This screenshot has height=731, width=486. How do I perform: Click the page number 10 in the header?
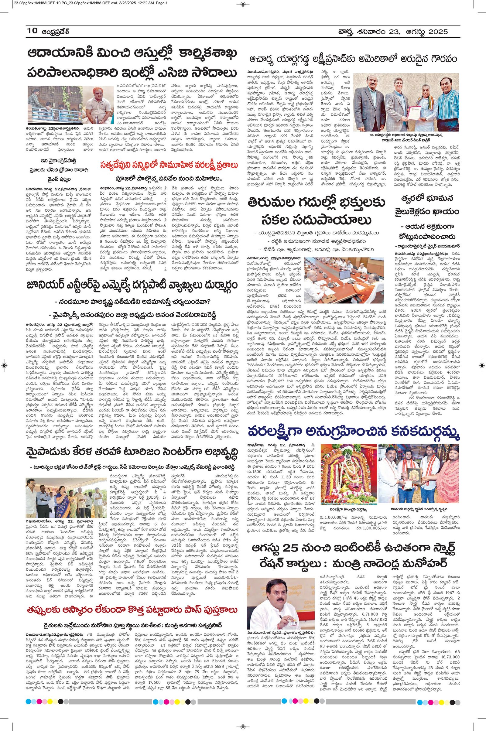32,31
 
